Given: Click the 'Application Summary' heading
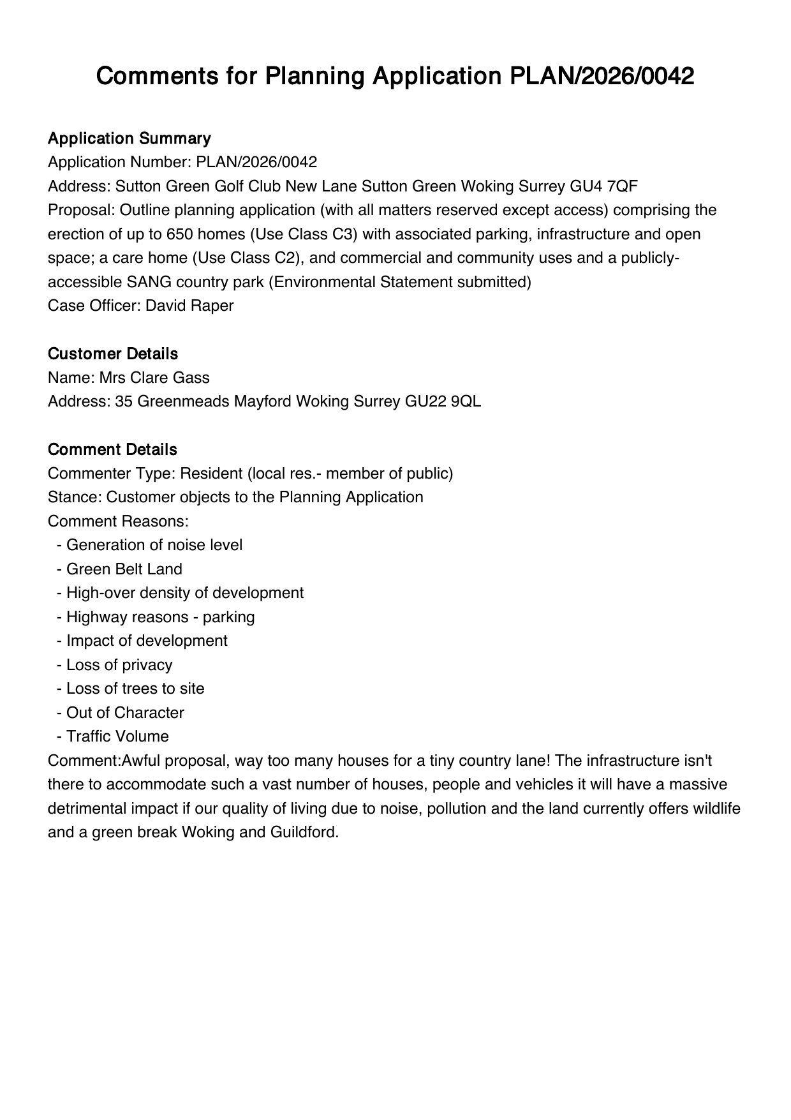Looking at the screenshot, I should tap(129, 138).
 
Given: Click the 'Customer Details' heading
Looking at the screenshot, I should tap(113, 354).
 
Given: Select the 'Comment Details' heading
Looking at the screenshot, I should tap(112, 449).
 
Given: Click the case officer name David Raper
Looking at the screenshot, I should tap(189, 306).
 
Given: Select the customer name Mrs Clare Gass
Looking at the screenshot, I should tap(154, 378).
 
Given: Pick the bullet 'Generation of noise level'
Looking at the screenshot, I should tap(154, 545).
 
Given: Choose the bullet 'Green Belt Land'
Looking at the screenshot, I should tap(124, 569).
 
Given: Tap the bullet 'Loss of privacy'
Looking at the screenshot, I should tap(119, 665).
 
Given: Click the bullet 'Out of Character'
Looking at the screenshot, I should tap(125, 713).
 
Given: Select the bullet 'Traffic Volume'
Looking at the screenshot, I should tap(117, 736).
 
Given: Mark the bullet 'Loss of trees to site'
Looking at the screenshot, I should tap(135, 689).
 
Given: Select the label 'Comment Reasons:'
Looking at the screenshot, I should tap(118, 521).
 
